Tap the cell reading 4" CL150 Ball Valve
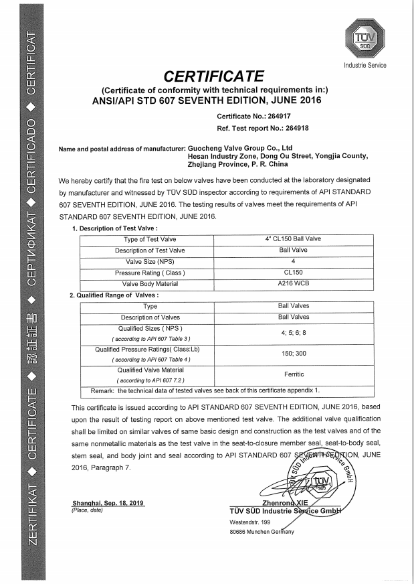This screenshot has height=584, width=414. coord(294,238)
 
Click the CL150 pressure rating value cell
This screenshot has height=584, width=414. coord(294,273)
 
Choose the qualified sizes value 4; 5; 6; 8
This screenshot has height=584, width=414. coord(294,332)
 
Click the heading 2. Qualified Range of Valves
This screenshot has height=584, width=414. coord(114,295)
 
